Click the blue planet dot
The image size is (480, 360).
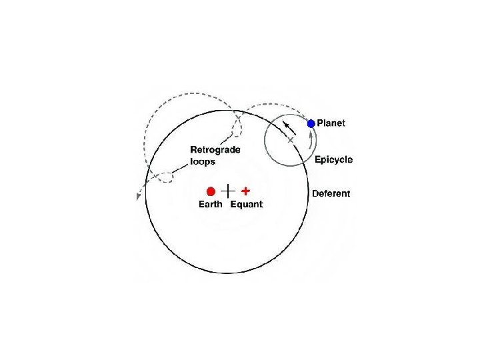pos(311,123)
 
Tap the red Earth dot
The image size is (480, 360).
pos(211,191)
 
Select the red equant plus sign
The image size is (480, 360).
pos(245,190)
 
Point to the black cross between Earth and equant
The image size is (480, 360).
pos(228,190)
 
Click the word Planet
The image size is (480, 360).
pos(331,123)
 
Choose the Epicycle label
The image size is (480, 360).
pos(333,160)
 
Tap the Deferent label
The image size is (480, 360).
pos(331,194)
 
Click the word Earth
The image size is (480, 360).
pos(211,205)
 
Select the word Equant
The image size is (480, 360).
pos(247,205)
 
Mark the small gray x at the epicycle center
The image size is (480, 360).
pos(290,140)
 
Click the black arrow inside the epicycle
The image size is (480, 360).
pos(287,127)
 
